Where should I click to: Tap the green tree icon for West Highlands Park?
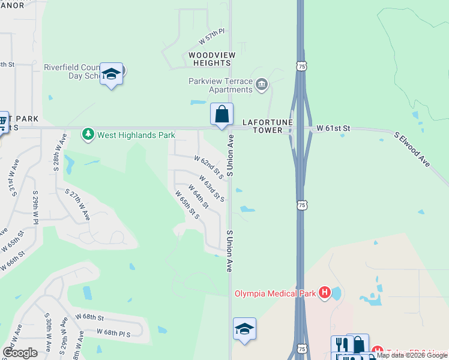pyautogui.click(x=88, y=134)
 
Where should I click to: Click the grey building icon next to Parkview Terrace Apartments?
pyautogui.click(x=261, y=84)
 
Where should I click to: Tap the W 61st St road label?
pyautogui.click(x=333, y=128)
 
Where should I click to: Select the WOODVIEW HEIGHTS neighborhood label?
pyautogui.click(x=212, y=59)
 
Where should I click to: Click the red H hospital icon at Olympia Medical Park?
pyautogui.click(x=324, y=293)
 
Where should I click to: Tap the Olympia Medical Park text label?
pyautogui.click(x=274, y=293)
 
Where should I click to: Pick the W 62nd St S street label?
pyautogui.click(x=208, y=167)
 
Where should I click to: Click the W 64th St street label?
pyautogui.click(x=197, y=196)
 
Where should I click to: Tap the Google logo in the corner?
pyautogui.click(x=20, y=353)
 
